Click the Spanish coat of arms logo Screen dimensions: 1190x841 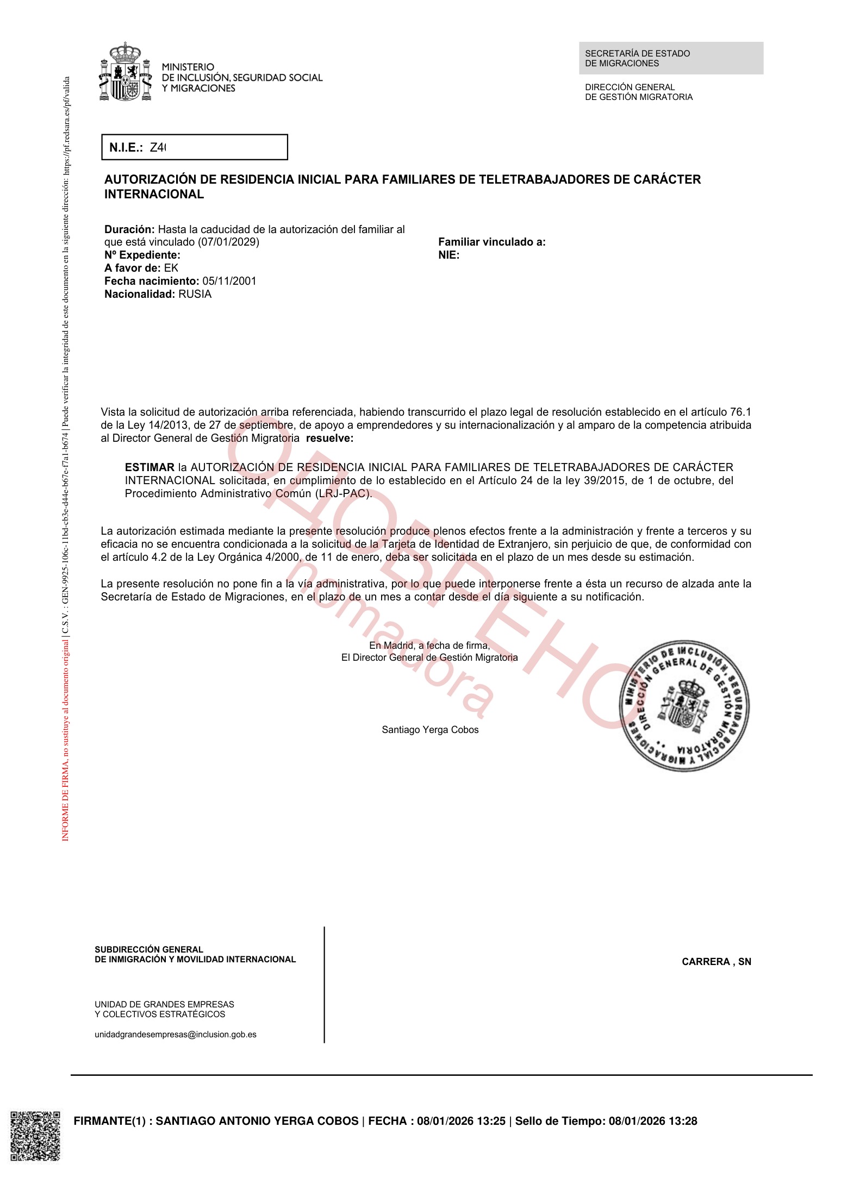[x=126, y=72]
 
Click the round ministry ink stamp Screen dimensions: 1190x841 [x=684, y=705]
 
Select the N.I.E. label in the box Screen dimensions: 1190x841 [x=126, y=147]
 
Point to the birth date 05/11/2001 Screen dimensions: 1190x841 [x=229, y=281]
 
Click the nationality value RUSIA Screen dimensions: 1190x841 [x=195, y=294]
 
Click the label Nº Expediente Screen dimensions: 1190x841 [x=142, y=255]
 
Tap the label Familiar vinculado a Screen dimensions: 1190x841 [x=491, y=242]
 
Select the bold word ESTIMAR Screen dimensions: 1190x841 [x=149, y=467]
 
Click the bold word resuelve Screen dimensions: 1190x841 [x=329, y=438]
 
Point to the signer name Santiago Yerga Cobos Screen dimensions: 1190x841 [x=430, y=730]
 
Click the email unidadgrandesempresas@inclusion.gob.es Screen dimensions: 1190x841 [x=176, y=1035]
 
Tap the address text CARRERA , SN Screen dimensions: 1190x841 [x=716, y=962]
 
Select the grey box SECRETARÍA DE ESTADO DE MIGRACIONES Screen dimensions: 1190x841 [x=670, y=58]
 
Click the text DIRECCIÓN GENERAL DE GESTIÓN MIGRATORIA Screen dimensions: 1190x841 [x=638, y=92]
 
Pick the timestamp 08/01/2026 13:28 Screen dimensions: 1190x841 [x=652, y=1121]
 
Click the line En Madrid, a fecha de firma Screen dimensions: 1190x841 [x=429, y=646]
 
